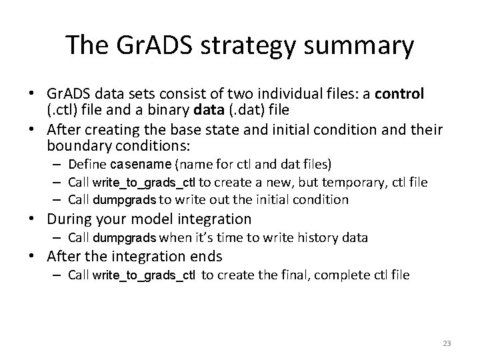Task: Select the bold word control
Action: point(399,94)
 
